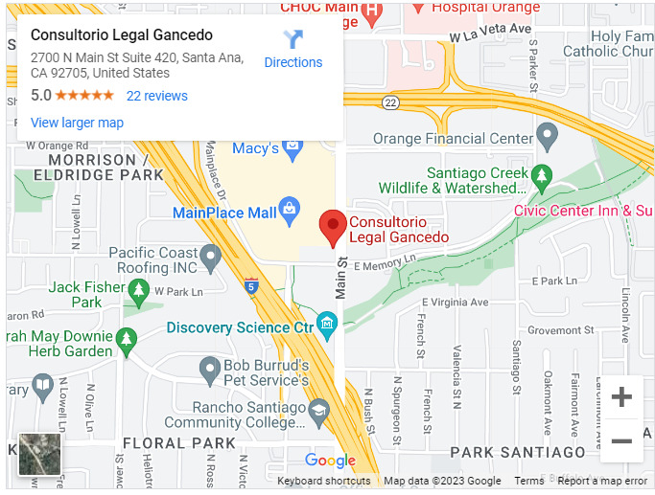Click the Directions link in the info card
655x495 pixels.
pos(292,50)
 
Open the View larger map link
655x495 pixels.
pos(77,123)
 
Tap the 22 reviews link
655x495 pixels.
pos(156,96)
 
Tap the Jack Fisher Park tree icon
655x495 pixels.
pos(139,288)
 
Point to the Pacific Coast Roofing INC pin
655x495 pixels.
pos(210,256)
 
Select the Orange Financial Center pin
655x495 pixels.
pos(548,138)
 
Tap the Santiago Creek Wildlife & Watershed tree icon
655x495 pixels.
pos(542,177)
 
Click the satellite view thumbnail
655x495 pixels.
pos(39,454)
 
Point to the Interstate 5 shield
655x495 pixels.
pos(251,285)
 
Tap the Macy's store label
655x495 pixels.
pos(254,148)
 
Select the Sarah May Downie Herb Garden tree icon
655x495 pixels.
pos(126,338)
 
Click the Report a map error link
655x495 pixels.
pos(602,481)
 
